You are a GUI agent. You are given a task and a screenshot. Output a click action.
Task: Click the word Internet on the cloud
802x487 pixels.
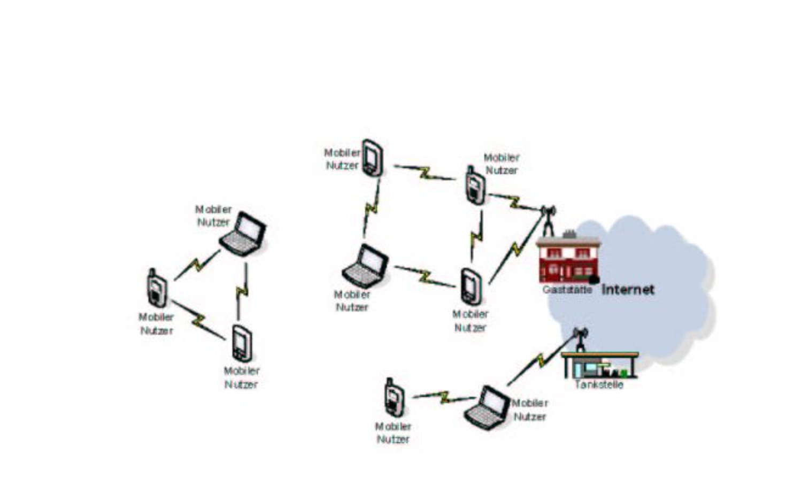[x=628, y=289]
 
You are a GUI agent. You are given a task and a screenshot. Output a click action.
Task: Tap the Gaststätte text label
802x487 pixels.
[x=567, y=289]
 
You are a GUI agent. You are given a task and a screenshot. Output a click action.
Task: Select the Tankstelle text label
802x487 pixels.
[x=599, y=384]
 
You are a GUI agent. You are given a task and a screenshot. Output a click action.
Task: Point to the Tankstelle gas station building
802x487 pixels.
[x=600, y=365]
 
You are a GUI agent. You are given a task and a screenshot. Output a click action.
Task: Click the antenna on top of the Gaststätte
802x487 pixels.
[x=548, y=221]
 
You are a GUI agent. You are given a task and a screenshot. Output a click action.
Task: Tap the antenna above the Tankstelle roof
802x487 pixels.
[x=580, y=340]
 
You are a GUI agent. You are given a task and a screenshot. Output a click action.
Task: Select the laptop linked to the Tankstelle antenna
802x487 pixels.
[x=487, y=408]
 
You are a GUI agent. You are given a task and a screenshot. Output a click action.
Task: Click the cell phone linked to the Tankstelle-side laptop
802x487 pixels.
[x=394, y=397]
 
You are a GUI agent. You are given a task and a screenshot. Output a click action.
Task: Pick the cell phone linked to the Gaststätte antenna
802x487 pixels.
[x=475, y=185]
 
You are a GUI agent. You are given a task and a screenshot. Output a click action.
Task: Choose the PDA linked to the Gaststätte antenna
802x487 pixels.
[x=471, y=287]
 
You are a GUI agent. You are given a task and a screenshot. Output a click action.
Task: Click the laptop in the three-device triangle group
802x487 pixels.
[x=243, y=234]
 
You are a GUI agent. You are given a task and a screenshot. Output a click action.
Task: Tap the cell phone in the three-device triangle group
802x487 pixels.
[x=157, y=288]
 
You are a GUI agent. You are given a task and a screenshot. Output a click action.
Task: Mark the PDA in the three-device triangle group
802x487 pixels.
[x=242, y=343]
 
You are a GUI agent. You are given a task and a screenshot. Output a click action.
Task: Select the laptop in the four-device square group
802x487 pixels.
[x=365, y=266]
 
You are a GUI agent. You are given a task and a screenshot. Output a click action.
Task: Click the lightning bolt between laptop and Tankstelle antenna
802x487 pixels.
[x=541, y=360]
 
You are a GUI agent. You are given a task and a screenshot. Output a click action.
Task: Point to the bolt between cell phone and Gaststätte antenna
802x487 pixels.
[x=514, y=202]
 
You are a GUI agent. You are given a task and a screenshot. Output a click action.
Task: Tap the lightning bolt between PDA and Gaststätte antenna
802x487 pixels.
[x=516, y=248]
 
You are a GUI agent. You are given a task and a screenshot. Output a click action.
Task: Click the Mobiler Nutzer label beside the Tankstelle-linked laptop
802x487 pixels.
[x=530, y=409]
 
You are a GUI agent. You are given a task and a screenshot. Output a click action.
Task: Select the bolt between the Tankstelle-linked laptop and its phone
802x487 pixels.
[x=444, y=397]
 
